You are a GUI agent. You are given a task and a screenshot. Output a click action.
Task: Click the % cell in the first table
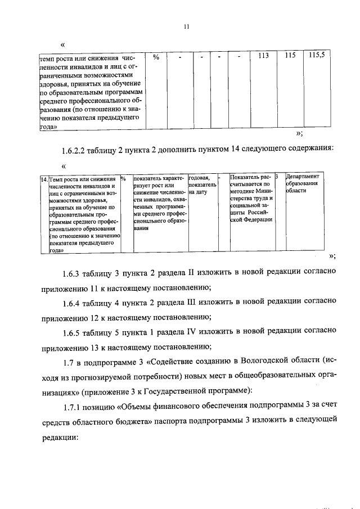pos(156,57)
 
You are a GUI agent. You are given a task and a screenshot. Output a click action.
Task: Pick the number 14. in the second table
pos(44,179)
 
